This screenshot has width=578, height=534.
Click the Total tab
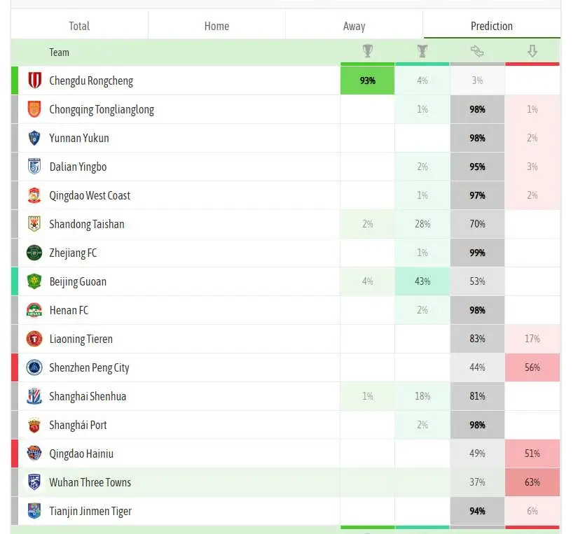coord(79,26)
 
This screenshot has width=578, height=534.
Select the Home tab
coord(216,26)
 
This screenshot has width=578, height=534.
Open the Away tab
coord(355,26)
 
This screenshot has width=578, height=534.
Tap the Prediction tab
coord(492,26)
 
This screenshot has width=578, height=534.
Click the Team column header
coord(60,52)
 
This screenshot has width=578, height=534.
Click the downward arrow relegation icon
coord(532,51)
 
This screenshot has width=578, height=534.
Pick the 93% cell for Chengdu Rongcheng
coord(368,80)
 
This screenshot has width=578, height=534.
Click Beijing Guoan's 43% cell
coord(422,281)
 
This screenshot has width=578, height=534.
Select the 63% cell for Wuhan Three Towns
coord(532,482)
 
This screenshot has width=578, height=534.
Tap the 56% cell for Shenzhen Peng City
coord(532,367)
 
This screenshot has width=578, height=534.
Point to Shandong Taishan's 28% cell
coord(422,224)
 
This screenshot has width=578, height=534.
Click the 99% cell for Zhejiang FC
coord(477,253)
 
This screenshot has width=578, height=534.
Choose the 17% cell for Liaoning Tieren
coord(532,339)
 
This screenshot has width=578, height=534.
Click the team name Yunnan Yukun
coord(79,138)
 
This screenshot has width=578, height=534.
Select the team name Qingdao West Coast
coord(90,195)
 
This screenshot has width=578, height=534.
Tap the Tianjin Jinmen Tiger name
coord(90,511)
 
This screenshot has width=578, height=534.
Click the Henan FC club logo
coord(34,310)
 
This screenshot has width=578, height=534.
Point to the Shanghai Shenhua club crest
coord(34,396)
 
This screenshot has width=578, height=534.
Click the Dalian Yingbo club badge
coord(34,167)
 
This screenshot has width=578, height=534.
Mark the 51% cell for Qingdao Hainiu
coord(532,454)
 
